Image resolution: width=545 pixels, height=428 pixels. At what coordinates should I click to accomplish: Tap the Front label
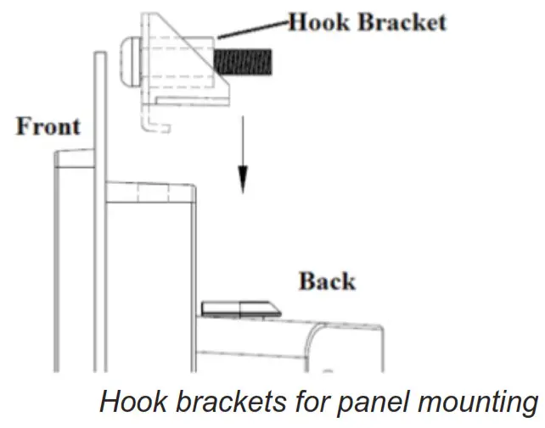point(48,127)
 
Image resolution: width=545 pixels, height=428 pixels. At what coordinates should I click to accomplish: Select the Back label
point(327,281)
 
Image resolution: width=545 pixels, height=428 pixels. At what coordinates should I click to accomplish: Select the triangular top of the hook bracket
point(174,34)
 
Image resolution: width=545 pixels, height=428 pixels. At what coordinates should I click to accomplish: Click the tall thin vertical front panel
point(98,212)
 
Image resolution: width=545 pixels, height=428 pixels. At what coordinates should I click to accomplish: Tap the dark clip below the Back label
point(237,308)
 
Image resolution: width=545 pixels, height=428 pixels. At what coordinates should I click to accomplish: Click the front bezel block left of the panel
point(72,254)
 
